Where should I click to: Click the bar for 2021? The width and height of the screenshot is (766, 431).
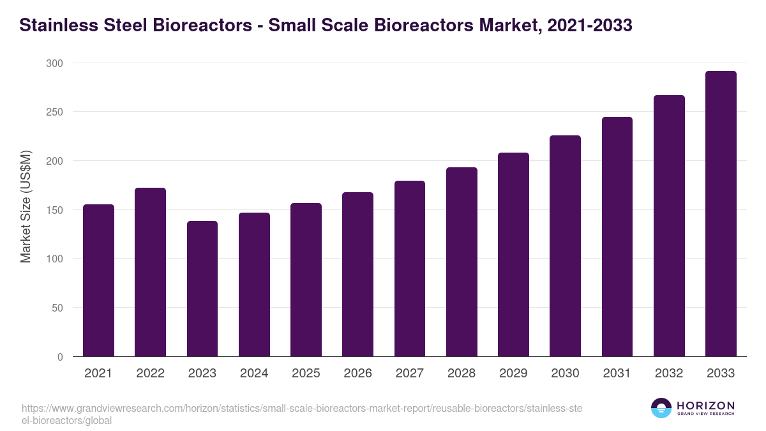98,280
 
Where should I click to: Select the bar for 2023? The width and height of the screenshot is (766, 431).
202,289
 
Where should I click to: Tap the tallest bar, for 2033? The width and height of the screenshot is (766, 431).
721,214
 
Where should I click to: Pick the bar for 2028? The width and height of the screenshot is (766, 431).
462,262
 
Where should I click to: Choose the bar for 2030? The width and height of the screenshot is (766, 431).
565,246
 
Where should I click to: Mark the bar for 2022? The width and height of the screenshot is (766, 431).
150,272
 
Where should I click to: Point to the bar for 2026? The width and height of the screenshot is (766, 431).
357,275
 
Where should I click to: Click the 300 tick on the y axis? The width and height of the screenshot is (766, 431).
55,63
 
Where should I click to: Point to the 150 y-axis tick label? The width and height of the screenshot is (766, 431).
55,210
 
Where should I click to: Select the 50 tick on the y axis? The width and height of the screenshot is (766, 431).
57,308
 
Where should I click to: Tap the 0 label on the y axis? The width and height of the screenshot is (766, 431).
60,357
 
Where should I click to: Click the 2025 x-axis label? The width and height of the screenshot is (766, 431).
306,374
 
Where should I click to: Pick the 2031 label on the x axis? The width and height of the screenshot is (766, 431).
617,374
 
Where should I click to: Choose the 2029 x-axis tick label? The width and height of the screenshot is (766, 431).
513,374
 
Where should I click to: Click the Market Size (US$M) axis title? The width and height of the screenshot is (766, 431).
26,207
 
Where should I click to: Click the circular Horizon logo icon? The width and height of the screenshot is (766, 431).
661,408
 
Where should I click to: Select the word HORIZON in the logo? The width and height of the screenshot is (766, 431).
705,405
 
